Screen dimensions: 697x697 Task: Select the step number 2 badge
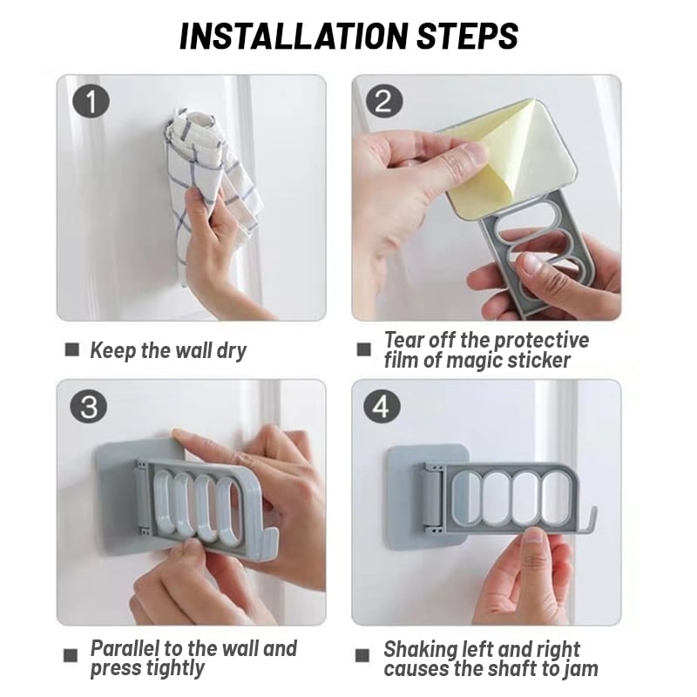382,101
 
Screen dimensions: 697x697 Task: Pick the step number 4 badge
382,405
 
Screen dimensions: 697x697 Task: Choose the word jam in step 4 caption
580,669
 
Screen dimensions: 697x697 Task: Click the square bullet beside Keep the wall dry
72,350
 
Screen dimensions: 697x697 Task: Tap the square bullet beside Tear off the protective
363,350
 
